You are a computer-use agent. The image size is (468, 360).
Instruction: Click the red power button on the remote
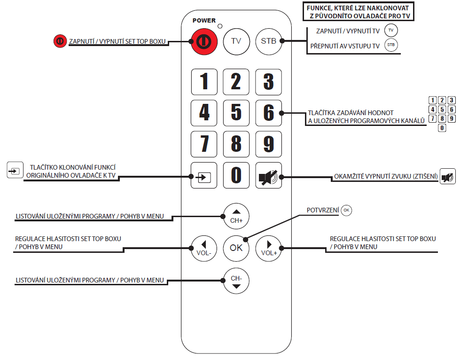203,41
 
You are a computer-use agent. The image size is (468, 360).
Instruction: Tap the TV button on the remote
236,41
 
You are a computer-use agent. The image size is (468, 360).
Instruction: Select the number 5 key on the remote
236,113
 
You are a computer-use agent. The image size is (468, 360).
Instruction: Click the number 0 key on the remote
236,175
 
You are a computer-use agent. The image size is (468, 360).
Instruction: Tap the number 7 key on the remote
204,144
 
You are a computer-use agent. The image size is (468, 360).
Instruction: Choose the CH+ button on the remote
236,216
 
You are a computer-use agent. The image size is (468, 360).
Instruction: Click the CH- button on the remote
236,281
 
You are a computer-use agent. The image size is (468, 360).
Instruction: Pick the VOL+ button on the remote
269,248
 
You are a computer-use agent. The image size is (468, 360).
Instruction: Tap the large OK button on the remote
236,248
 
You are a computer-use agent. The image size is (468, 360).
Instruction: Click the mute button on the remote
268,176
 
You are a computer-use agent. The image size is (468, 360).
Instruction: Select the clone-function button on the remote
204,176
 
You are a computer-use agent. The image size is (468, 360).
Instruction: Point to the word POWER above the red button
204,21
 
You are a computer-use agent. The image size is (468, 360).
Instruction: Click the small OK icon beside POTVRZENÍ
346,210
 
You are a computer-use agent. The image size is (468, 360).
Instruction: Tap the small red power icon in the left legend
60,41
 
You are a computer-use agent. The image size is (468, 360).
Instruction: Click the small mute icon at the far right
447,177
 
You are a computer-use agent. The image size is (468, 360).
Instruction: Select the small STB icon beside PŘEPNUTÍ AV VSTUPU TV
390,46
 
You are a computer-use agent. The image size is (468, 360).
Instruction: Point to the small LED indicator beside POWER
220,25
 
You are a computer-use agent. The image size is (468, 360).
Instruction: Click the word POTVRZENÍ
323,210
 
